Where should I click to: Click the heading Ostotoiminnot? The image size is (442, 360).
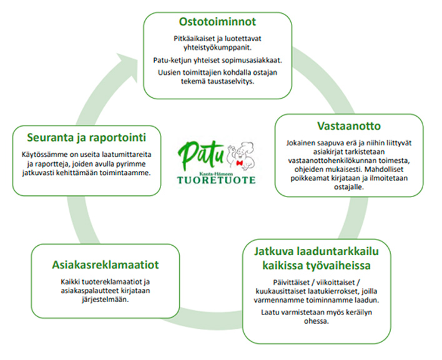[217, 22]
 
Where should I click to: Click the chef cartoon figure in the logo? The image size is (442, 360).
[238, 153]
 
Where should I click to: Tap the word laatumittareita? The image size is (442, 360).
[132, 153]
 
